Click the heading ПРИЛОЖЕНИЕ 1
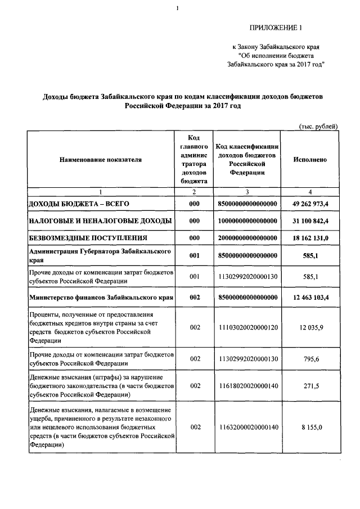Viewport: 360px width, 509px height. (x=279, y=28)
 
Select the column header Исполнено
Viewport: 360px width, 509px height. (x=310, y=160)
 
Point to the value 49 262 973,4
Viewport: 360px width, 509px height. (x=310, y=203)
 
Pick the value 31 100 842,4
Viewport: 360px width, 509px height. (x=310, y=221)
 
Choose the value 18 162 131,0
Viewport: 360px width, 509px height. (x=310, y=238)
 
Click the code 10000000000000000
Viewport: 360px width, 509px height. (x=247, y=221)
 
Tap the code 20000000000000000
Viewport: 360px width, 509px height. (x=247, y=238)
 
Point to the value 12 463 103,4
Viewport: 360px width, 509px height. (x=310, y=297)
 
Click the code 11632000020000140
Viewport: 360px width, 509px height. (x=247, y=427)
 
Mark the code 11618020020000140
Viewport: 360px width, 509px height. (x=247, y=385)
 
